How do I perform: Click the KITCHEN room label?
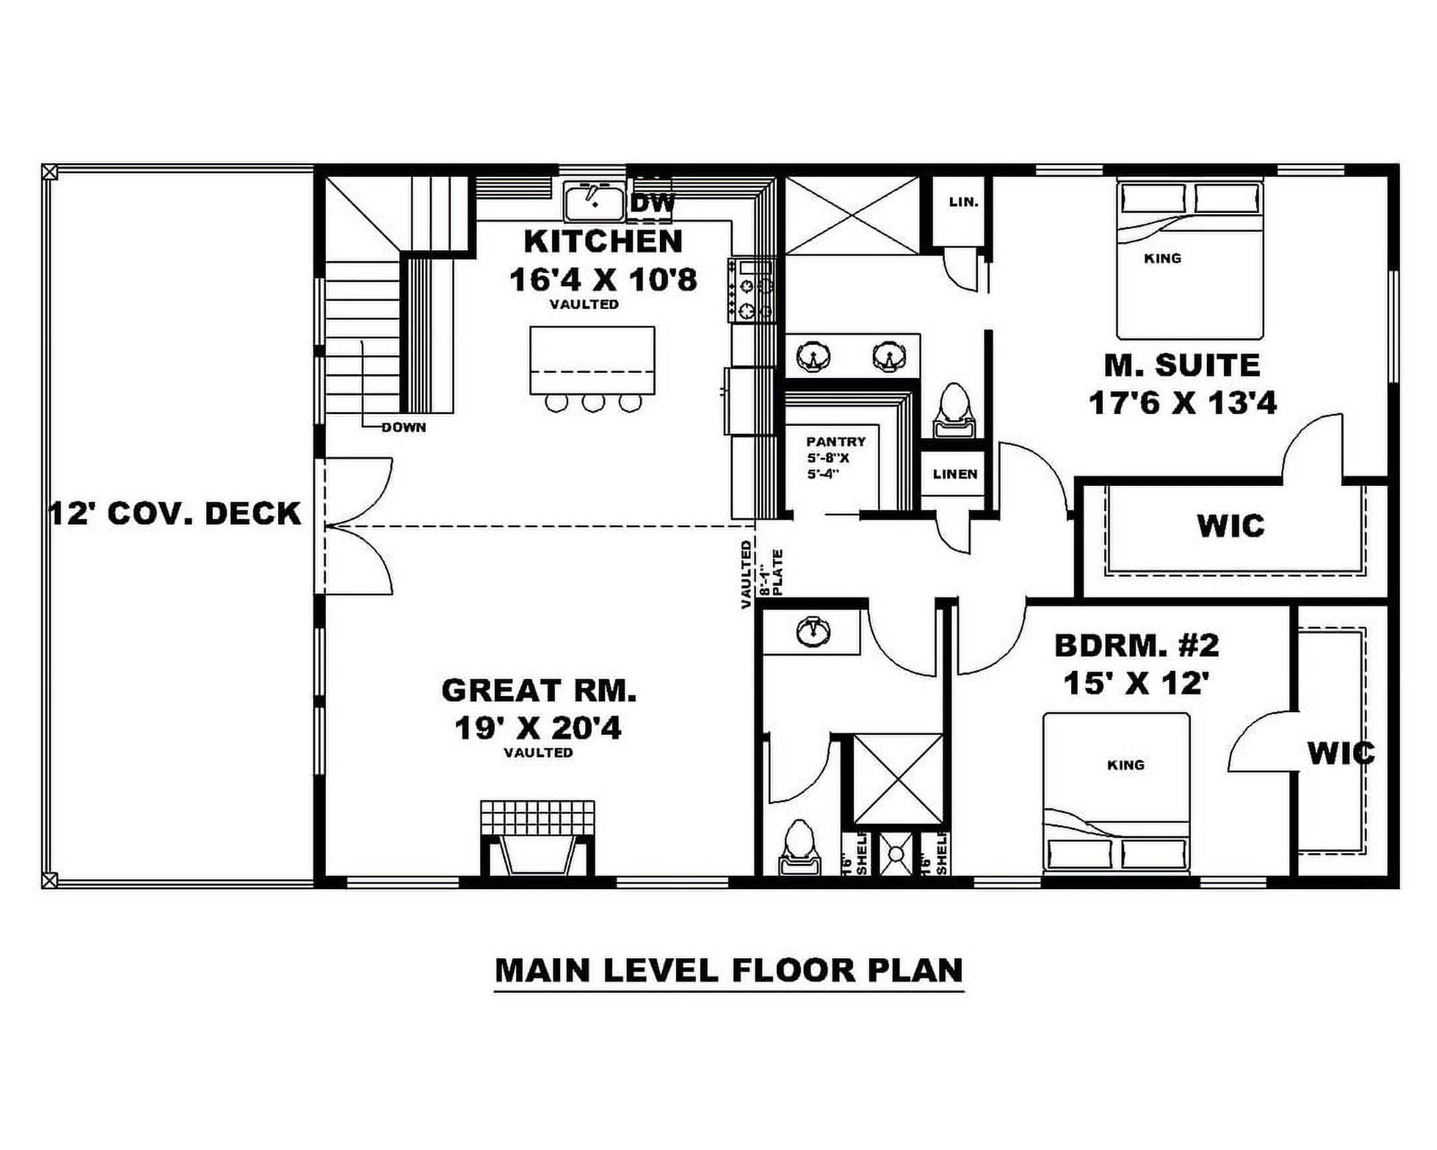pyautogui.click(x=603, y=242)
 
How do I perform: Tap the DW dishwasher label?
pyautogui.click(x=653, y=204)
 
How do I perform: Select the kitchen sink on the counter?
pyautogui.click(x=594, y=202)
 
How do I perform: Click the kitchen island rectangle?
pyautogui.click(x=593, y=360)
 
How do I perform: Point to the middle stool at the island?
pyautogui.click(x=593, y=403)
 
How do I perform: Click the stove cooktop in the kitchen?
pyautogui.click(x=752, y=291)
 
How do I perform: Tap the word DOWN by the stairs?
pyautogui.click(x=404, y=428)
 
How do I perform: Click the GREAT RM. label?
pyautogui.click(x=538, y=691)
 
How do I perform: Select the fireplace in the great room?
pyautogui.click(x=537, y=838)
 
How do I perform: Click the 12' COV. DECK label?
pyautogui.click(x=176, y=514)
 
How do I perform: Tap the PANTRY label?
pyautogui.click(x=836, y=441)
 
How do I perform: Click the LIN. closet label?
pyautogui.click(x=964, y=202)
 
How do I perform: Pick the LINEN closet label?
pyautogui.click(x=955, y=474)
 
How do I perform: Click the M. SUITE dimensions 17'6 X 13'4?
pyautogui.click(x=1182, y=403)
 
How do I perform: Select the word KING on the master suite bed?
pyautogui.click(x=1162, y=258)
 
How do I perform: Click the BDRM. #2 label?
pyautogui.click(x=1137, y=645)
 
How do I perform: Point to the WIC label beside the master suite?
pyautogui.click(x=1230, y=526)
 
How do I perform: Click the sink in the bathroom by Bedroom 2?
pyautogui.click(x=812, y=632)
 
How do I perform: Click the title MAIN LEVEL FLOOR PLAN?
pyautogui.click(x=729, y=971)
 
